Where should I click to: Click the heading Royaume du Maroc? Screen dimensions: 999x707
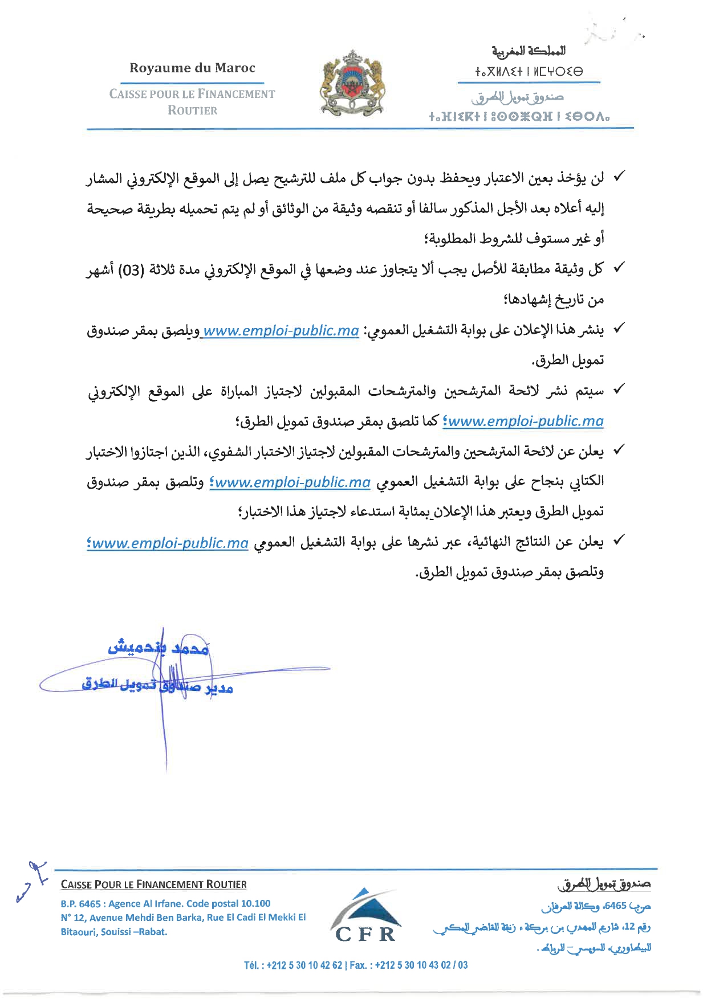[x=192, y=68]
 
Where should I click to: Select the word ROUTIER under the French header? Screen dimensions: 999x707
[x=192, y=110]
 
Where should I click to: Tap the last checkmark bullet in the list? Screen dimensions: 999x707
[x=617, y=539]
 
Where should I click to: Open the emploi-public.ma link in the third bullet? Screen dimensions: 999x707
[x=281, y=330]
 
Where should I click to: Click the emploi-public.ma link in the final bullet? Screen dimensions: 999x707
[x=169, y=543]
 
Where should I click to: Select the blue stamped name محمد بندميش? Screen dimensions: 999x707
[x=158, y=648]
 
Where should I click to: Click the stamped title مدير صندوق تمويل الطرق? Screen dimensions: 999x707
[x=157, y=686]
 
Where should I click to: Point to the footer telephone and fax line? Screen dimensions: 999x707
[x=356, y=965]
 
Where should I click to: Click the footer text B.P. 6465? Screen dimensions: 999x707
[x=80, y=903]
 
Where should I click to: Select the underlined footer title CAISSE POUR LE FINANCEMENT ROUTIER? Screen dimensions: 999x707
[x=153, y=885]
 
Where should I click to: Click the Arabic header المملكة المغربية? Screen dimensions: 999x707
[x=529, y=51]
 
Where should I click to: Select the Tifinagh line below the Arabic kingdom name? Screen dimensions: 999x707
[x=529, y=72]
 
